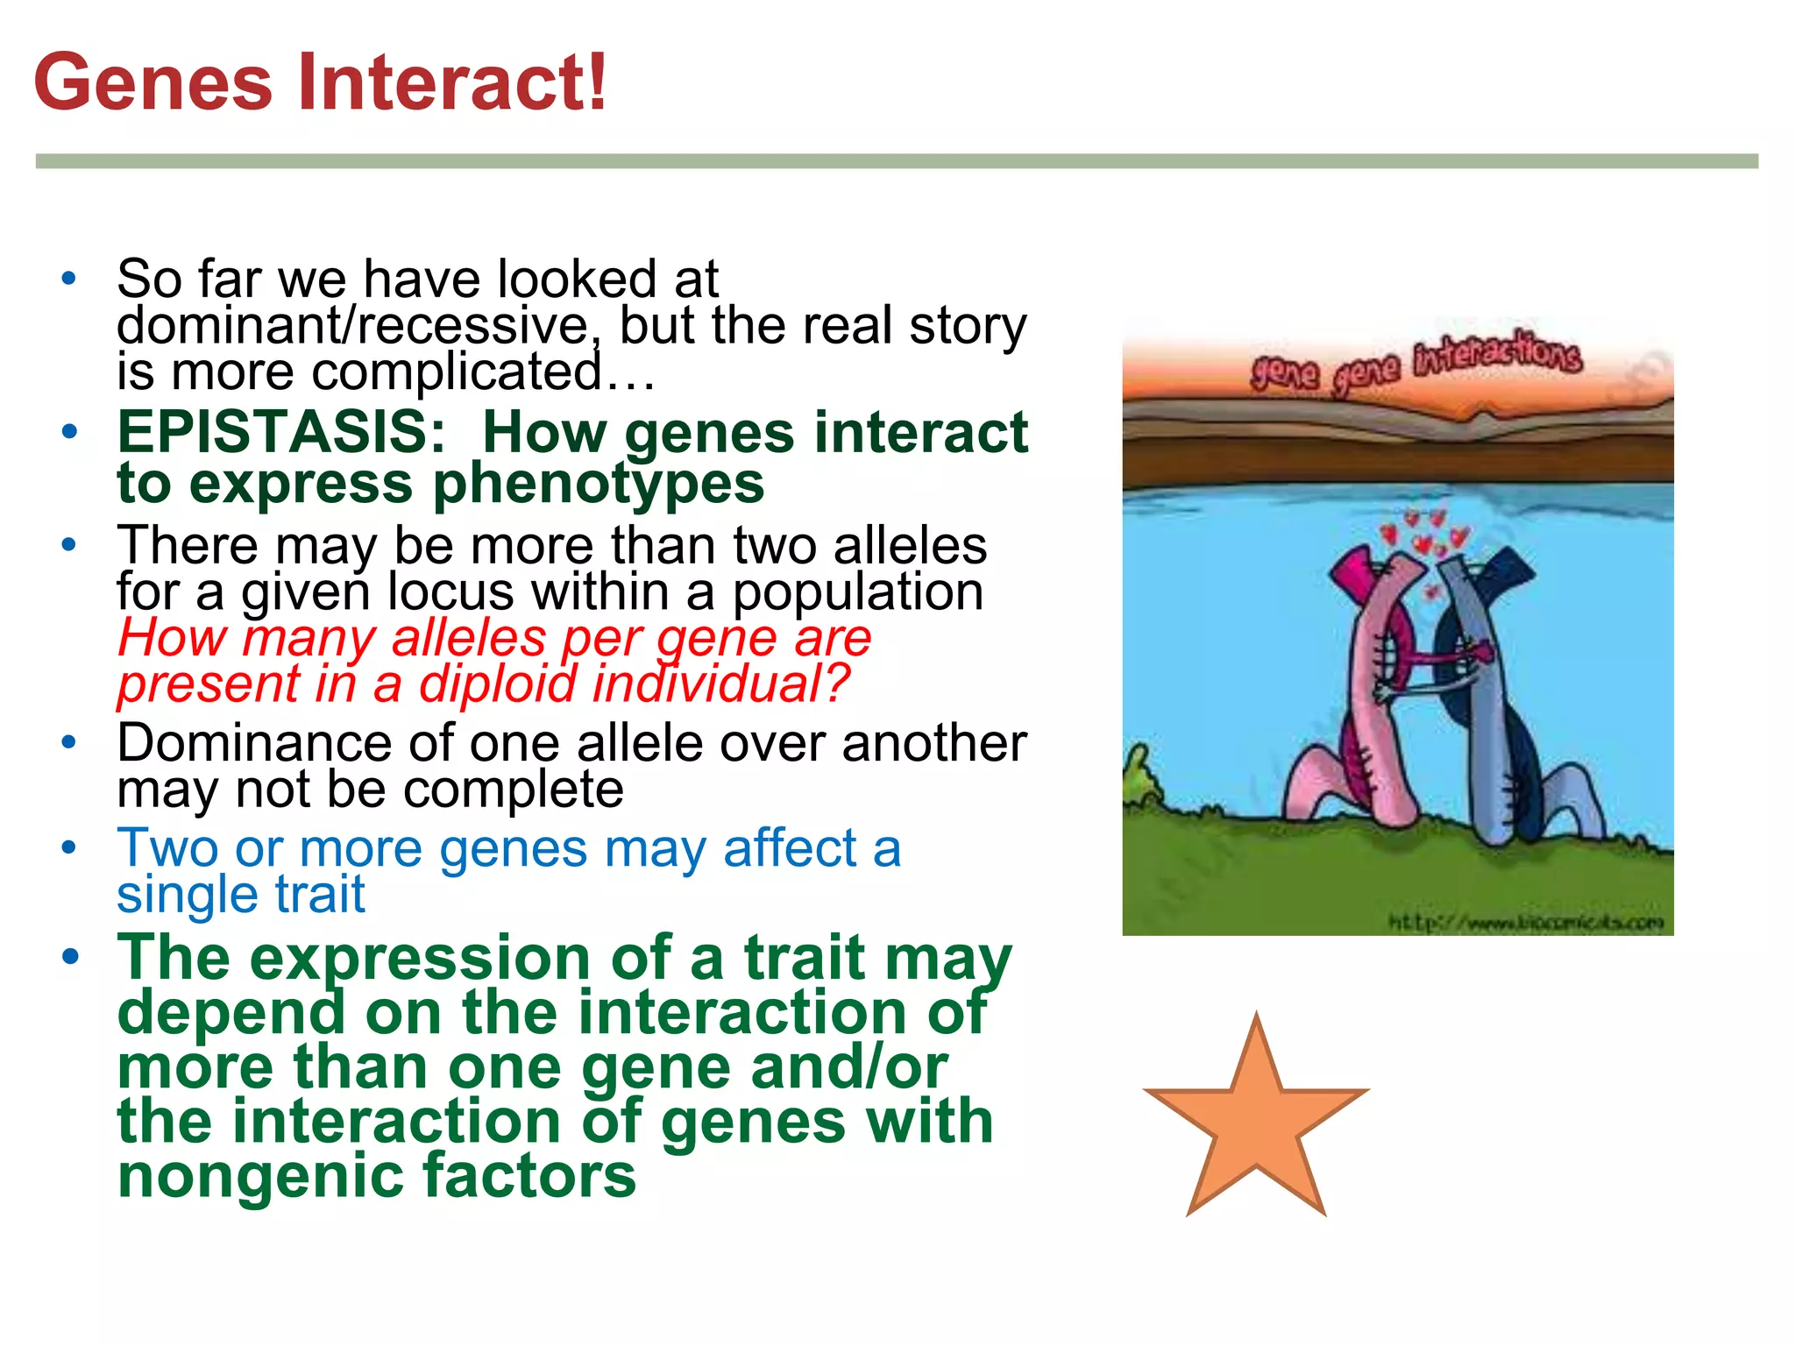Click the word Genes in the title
tap(153, 82)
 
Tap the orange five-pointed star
tap(1256, 1122)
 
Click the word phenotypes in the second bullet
tap(599, 484)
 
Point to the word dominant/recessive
tap(353, 326)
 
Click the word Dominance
tap(254, 744)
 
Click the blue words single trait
tap(241, 896)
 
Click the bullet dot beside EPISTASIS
tap(69, 432)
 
